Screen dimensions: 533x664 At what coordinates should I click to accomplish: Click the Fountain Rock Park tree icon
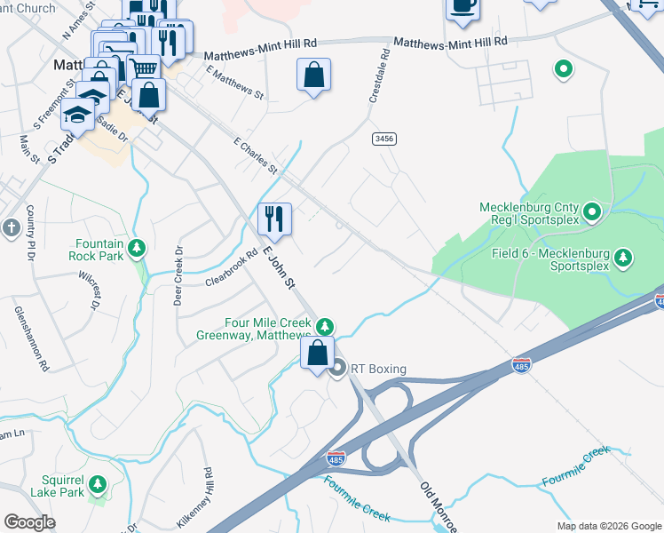point(137,247)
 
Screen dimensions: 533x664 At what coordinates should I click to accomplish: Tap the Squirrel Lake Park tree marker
point(97,484)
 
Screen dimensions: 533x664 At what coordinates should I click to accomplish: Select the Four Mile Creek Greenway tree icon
point(326,326)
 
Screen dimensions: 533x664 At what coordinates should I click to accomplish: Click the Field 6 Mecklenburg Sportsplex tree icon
point(624,257)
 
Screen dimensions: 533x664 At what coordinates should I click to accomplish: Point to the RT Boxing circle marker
point(337,370)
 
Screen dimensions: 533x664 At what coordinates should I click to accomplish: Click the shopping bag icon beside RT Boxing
point(317,353)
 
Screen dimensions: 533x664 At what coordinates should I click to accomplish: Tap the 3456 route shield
point(383,139)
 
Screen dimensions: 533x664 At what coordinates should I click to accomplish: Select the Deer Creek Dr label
point(178,275)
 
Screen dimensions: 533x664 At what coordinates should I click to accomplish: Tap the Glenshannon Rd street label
point(28,338)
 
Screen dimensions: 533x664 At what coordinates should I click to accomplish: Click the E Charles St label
point(255,155)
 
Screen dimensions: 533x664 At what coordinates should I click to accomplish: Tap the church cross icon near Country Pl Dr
point(11,227)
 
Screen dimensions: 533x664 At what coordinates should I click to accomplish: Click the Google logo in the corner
point(29,522)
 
